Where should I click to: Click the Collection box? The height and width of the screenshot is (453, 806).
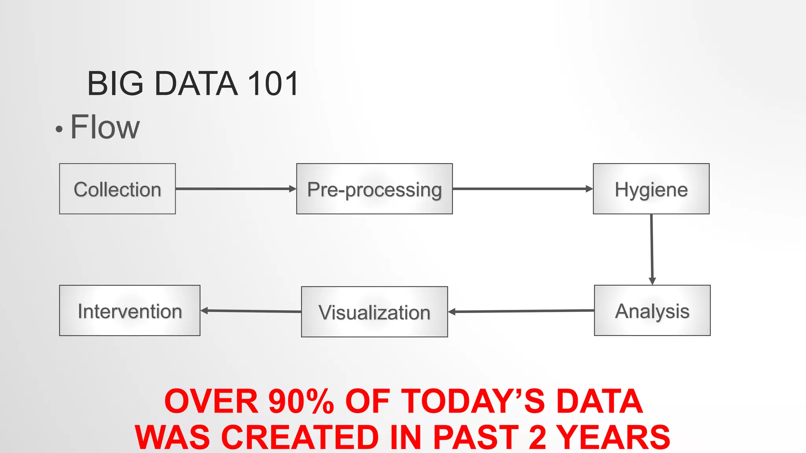click(117, 189)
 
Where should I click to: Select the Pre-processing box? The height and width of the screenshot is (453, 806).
click(374, 189)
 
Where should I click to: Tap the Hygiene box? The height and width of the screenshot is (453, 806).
click(651, 189)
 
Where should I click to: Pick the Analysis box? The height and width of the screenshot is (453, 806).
click(652, 310)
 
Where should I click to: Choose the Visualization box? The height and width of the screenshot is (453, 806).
click(374, 312)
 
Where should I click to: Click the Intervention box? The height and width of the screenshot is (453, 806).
click(129, 310)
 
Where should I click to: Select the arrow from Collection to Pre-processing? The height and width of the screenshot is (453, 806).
click(235, 189)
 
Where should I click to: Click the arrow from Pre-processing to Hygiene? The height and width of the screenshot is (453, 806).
click(523, 189)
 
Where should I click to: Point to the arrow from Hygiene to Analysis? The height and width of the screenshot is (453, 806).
click(652, 249)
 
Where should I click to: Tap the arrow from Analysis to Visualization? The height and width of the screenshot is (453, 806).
click(521, 311)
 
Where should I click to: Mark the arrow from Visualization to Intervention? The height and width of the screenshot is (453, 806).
click(251, 311)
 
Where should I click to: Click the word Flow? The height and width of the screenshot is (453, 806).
click(105, 127)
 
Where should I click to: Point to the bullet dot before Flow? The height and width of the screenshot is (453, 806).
click(59, 129)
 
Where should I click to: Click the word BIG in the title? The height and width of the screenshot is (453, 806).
click(115, 83)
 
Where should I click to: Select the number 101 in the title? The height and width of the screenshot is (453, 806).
click(273, 83)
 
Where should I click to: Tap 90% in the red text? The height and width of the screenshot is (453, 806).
click(301, 401)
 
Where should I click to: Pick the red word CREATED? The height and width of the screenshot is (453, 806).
click(300, 437)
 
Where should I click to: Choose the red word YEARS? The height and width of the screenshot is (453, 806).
click(614, 437)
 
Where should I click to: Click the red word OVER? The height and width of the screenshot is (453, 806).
click(211, 401)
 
